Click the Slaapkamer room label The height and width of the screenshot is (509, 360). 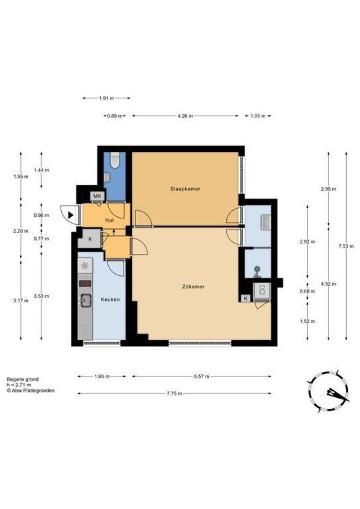click(185, 189)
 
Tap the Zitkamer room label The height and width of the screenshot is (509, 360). click(193, 287)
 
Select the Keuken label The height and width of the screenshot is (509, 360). click(110, 299)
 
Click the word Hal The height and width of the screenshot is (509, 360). click(109, 220)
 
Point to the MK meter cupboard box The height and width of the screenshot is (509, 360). click(98, 196)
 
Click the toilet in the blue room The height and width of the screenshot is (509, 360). click(115, 160)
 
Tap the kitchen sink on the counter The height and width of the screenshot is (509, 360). click(86, 300)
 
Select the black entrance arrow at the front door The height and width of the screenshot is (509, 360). click(71, 214)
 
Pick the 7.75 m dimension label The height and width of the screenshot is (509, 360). click(174, 394)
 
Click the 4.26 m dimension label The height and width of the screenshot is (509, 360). click(185, 115)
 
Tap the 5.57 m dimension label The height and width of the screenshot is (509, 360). click(202, 376)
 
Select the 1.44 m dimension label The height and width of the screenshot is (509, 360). click(41, 170)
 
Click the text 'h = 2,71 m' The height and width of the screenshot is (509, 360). click(19, 385)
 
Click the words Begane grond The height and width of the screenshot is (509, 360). click(23, 379)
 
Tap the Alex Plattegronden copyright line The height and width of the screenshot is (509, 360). click(31, 391)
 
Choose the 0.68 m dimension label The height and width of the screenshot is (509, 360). click(307, 291)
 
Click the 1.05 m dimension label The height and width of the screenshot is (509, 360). click(258, 115)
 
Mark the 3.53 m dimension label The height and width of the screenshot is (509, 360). click(41, 296)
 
